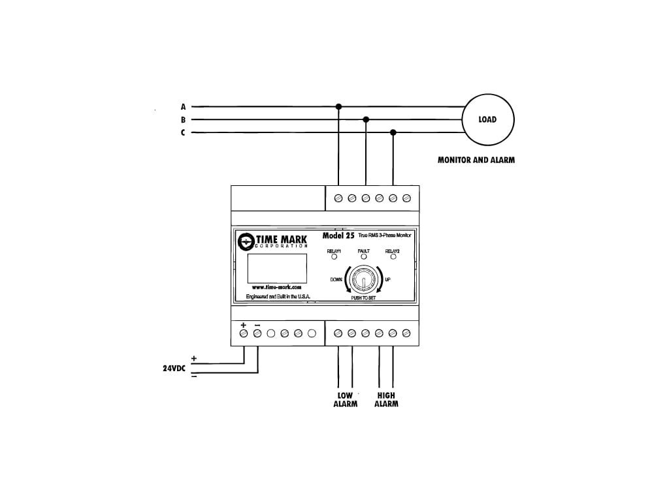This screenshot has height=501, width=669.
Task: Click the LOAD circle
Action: pos(488,119)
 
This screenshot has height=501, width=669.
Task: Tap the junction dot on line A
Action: pos(338,106)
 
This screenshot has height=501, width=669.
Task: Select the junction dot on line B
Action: pos(366,119)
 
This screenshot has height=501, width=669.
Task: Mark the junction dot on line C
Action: pos(393,132)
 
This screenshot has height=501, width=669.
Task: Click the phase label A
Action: pos(184,106)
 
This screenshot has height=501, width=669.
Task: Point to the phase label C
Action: pos(184,133)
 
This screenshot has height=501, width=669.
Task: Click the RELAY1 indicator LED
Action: pos(334,257)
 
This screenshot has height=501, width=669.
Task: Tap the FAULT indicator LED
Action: pos(364,257)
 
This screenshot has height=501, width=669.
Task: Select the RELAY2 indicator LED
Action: pos(393,257)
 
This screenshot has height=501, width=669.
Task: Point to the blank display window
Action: pos(277,267)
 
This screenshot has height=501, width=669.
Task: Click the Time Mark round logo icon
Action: pos(246,241)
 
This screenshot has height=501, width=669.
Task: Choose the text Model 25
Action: pos(338,235)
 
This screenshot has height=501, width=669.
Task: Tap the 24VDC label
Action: pos(174,368)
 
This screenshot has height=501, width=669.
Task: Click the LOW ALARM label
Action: pos(345,399)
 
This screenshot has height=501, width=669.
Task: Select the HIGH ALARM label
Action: pos(386,399)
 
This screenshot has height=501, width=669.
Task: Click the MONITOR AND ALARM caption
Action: pos(476,160)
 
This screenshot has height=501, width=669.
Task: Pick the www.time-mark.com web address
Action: pos(277,287)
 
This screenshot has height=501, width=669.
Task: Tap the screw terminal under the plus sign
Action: pos(244,333)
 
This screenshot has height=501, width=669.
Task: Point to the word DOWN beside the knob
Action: pos(336,279)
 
